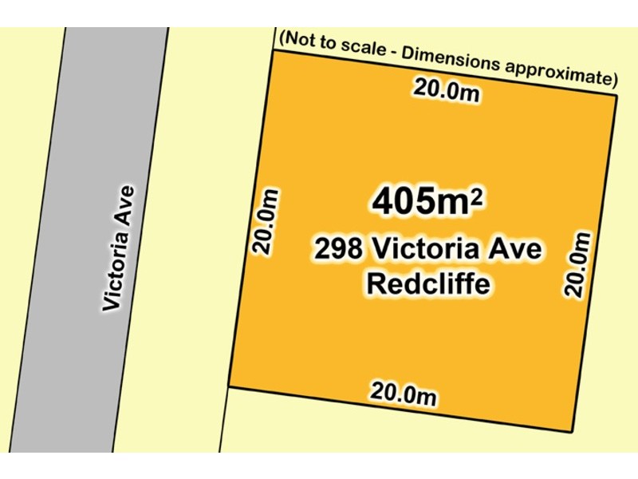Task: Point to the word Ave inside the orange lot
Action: coord(517,250)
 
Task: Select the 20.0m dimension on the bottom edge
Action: coord(404,393)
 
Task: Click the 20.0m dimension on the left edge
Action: coord(266,223)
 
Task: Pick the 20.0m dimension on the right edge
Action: coord(581,264)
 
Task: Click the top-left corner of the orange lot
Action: coord(274,50)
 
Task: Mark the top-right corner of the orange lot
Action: coord(618,95)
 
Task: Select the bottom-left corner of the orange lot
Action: coord(228,386)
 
